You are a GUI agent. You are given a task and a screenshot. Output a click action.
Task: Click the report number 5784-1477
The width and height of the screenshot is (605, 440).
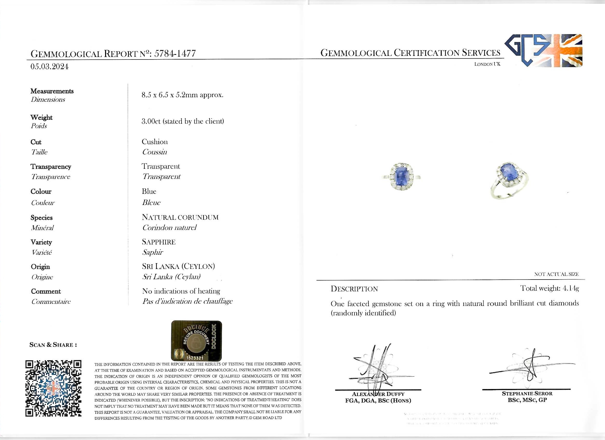pos(175,53)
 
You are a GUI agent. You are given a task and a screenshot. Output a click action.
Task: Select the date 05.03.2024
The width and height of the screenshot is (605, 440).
pos(49,67)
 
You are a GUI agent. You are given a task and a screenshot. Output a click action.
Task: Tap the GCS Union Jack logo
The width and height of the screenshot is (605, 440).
pos(543,51)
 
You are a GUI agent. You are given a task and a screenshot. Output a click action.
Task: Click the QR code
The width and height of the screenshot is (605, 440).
pos(53,388)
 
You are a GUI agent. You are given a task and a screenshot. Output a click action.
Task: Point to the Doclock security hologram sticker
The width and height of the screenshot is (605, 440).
pos(196,341)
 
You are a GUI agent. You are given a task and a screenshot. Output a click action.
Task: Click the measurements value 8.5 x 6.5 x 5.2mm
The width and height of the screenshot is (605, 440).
pos(182,95)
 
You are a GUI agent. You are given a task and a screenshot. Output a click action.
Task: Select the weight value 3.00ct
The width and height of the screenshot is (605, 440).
pos(151,121)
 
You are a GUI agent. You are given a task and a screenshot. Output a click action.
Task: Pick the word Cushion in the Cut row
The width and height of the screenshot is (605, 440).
pos(155,142)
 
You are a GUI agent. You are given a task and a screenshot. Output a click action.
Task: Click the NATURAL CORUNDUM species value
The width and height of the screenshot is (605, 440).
pos(180,217)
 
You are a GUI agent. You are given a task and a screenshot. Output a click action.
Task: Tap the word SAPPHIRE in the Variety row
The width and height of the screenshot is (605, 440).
pos(159,242)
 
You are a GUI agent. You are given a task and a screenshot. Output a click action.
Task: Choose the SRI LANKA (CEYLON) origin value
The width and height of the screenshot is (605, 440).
pos(179,266)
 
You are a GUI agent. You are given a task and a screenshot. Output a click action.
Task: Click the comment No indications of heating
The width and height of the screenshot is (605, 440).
pos(181,291)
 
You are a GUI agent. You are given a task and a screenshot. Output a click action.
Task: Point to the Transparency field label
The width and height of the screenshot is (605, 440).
pos(51,167)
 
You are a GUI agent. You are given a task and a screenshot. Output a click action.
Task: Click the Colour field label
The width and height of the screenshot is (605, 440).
pos(41,192)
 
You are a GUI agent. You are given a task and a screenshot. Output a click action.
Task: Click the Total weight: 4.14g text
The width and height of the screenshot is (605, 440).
pos(549,288)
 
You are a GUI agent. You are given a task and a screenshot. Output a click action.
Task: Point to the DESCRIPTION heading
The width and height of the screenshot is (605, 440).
pos(354,289)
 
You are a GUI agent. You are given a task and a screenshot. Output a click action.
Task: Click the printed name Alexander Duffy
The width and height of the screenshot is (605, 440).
pos(378,394)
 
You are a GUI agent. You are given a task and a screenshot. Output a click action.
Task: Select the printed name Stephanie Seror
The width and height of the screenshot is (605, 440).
pos(527,394)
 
